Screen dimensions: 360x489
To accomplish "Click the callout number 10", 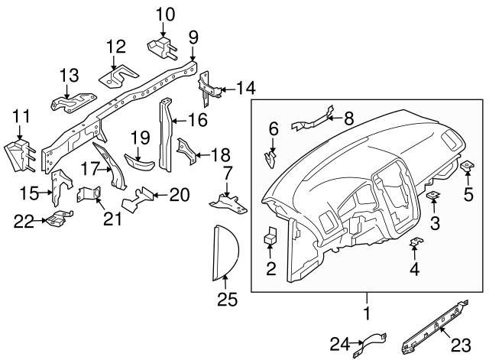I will [165, 14].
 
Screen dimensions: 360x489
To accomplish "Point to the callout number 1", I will [366, 313].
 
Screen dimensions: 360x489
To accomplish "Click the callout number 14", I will [244, 89].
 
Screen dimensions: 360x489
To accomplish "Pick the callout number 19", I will [139, 138].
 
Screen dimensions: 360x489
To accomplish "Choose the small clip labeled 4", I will [415, 244].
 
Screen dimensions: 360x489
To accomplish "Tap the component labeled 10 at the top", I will [163, 46].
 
